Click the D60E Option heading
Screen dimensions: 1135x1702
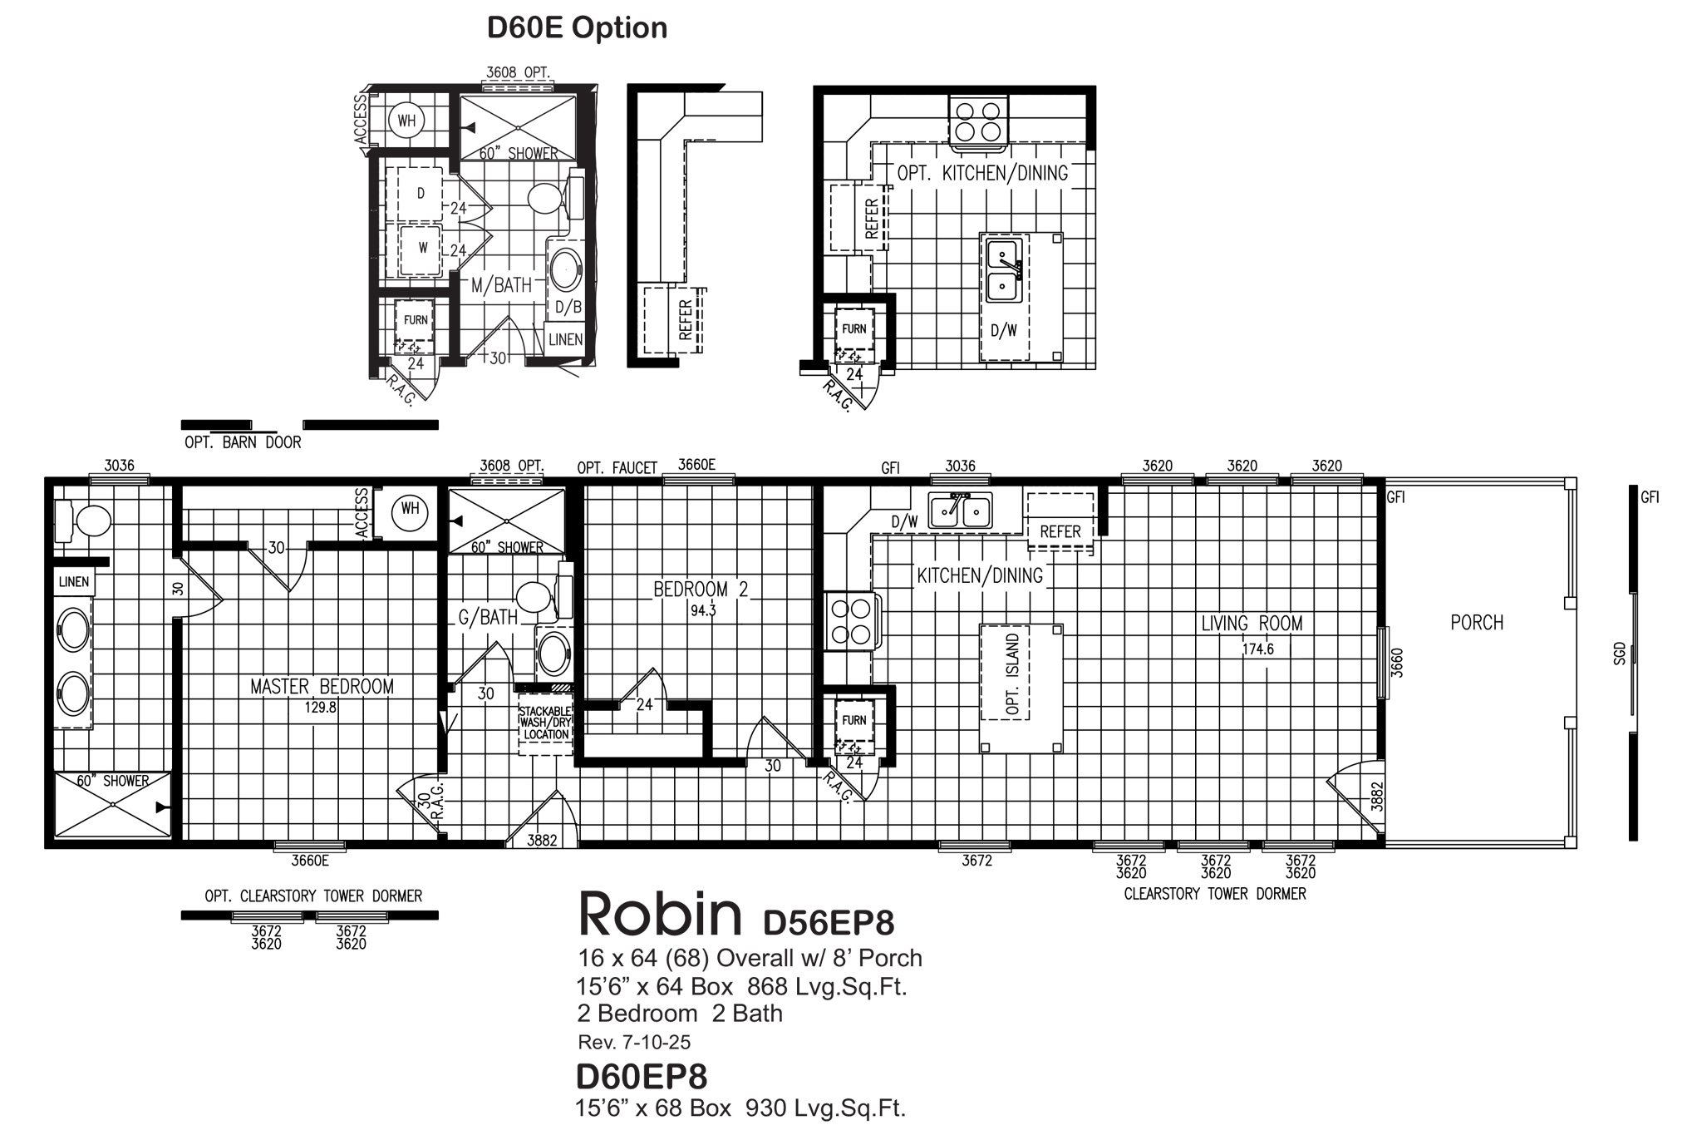[577, 27]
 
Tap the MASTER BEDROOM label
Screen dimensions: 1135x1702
[322, 686]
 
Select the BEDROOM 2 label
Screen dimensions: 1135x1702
[701, 590]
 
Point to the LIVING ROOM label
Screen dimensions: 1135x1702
[1252, 623]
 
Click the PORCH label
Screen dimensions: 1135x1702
[1477, 622]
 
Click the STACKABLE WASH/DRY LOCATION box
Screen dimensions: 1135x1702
[545, 723]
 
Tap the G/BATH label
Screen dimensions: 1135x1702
[488, 617]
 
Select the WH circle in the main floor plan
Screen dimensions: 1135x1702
[411, 509]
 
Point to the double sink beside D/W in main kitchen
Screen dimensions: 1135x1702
[960, 511]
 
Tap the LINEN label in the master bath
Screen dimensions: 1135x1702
[74, 581]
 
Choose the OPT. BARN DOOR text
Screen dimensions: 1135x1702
[243, 442]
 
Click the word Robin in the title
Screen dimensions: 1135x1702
[659, 914]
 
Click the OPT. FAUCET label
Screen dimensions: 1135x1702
[617, 468]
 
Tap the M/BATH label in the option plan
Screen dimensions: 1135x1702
[501, 285]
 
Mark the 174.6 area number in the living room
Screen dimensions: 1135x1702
[1257, 649]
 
